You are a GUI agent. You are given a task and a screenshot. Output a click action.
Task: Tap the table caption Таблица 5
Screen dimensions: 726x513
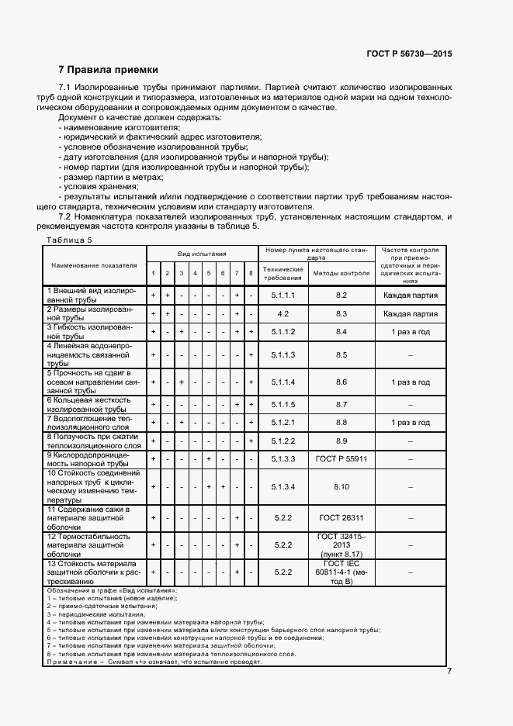click(x=69, y=240)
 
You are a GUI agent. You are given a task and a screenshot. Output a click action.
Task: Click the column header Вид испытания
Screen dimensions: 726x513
click(x=202, y=254)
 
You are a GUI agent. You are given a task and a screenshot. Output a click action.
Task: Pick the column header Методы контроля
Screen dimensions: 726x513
click(x=341, y=274)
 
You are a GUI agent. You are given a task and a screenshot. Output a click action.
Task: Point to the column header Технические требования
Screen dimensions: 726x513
click(x=283, y=274)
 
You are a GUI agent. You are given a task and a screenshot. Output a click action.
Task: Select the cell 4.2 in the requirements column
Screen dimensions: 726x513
click(x=283, y=313)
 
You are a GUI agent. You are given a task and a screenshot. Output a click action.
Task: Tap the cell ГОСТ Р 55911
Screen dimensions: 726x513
click(x=341, y=459)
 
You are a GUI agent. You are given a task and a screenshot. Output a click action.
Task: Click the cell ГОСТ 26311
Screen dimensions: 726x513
click(x=341, y=517)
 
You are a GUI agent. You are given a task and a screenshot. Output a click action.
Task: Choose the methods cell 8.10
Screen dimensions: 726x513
click(x=341, y=487)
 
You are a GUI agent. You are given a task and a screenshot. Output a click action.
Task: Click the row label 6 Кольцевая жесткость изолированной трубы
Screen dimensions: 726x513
click(x=93, y=405)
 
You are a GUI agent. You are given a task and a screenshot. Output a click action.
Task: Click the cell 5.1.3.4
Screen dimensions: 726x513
click(x=283, y=487)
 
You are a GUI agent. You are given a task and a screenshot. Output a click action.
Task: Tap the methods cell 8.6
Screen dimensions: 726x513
click(x=341, y=382)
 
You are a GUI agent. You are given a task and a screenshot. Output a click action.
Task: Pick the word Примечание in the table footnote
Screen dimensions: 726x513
click(x=72, y=662)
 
